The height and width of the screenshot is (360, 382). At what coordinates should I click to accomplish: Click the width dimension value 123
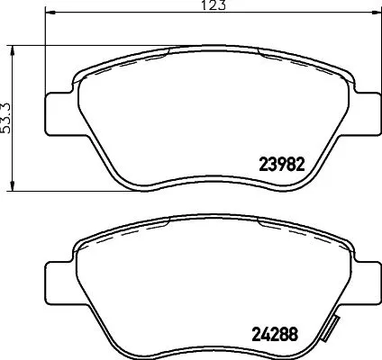pyautogui.click(x=212, y=5)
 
